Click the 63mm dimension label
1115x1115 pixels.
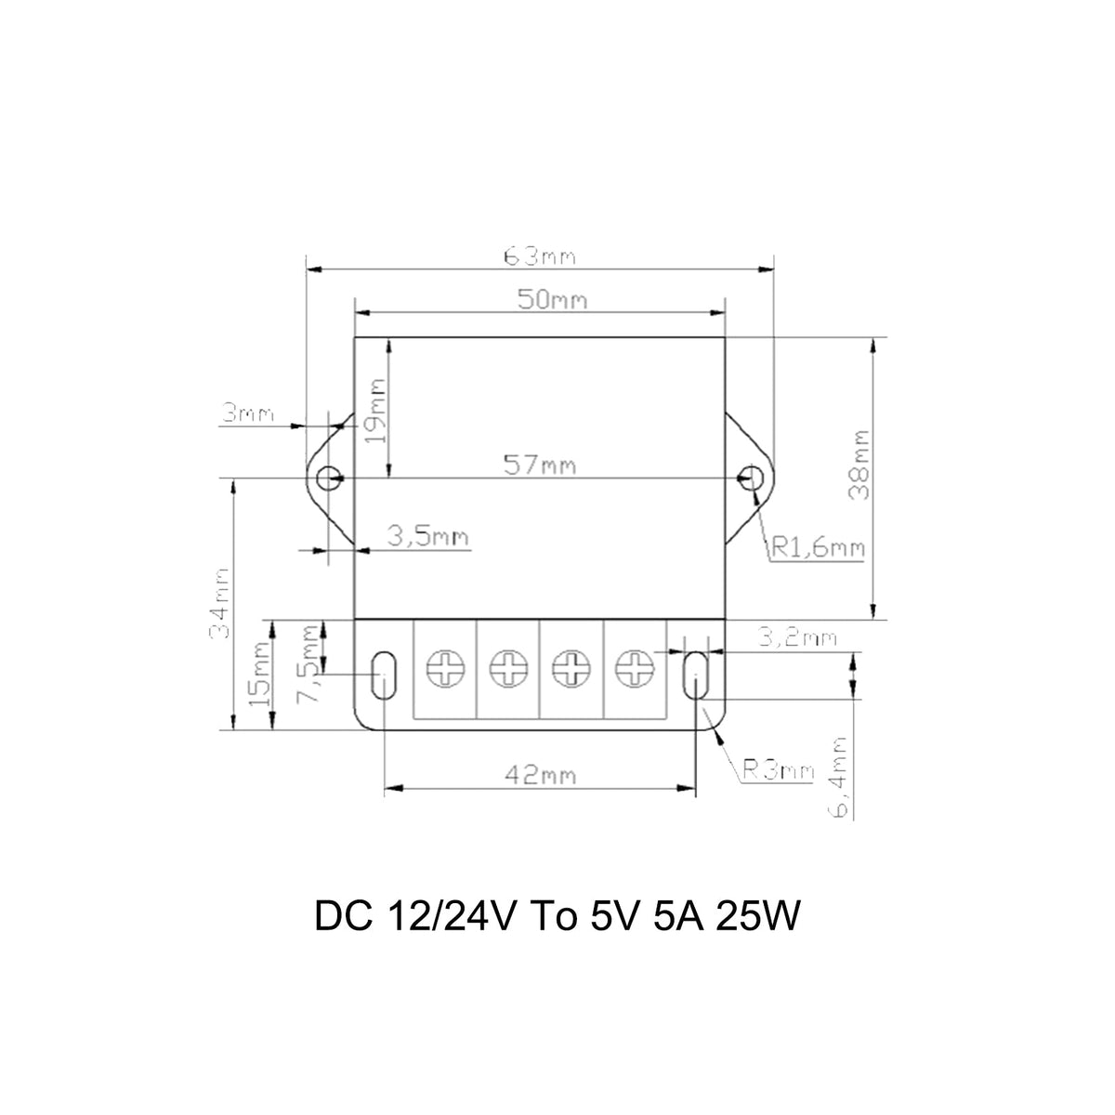click(x=540, y=256)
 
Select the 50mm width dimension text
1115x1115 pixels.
click(x=553, y=300)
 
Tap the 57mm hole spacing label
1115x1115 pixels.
click(x=540, y=466)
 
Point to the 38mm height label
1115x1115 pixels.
click(x=859, y=465)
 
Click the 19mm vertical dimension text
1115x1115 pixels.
click(x=376, y=411)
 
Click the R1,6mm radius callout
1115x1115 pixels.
click(x=819, y=547)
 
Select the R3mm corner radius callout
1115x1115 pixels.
click(x=779, y=770)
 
